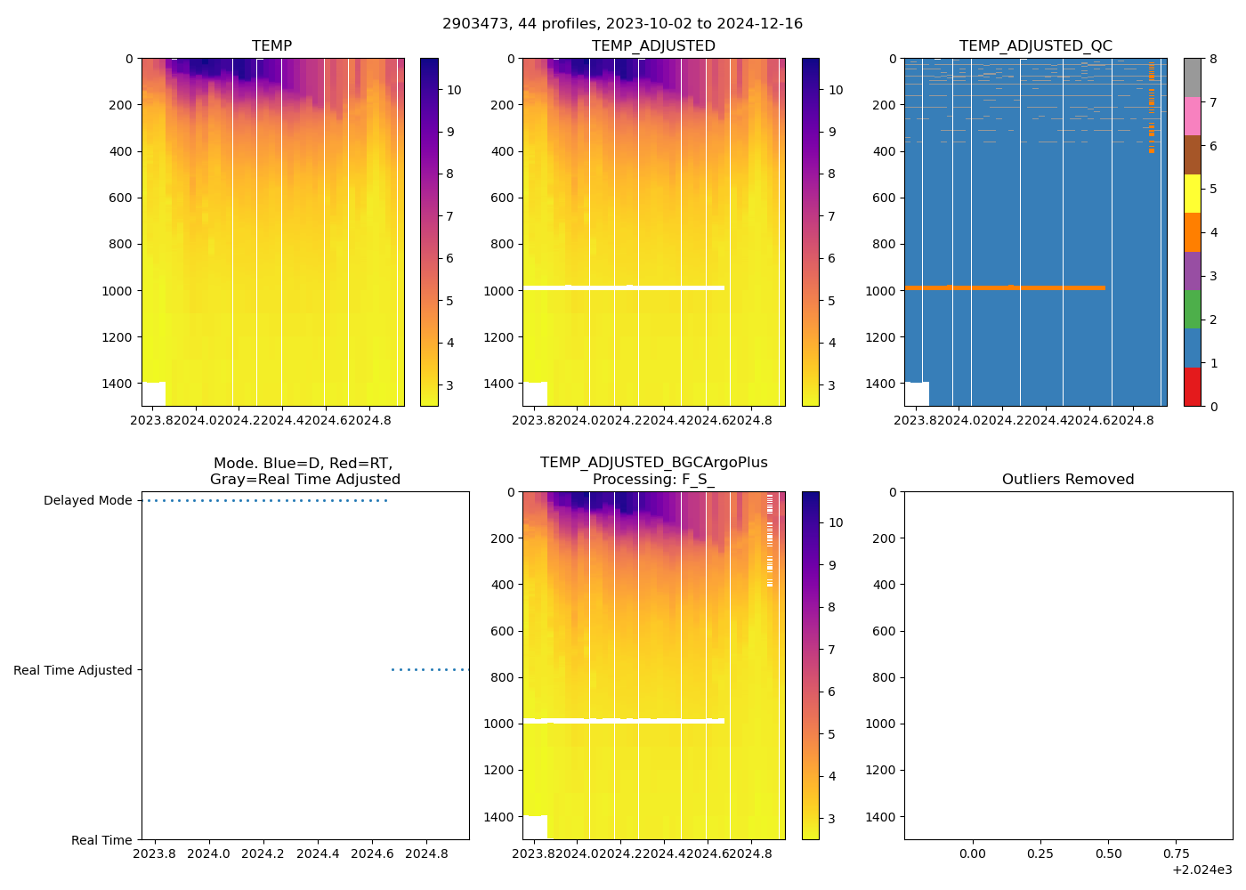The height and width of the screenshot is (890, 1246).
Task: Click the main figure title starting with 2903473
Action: [x=622, y=24]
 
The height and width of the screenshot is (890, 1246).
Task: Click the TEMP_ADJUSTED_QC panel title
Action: [x=1035, y=45]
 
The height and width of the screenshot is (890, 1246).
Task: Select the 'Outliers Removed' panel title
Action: [x=1067, y=479]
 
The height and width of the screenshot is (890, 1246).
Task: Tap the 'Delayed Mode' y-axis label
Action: [x=87, y=500]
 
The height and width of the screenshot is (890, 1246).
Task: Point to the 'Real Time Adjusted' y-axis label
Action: [x=72, y=670]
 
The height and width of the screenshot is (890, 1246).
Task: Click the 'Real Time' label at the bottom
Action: [x=101, y=840]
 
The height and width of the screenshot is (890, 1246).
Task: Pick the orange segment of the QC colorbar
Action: [x=1192, y=232]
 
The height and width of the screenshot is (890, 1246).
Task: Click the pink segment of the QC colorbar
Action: [x=1192, y=117]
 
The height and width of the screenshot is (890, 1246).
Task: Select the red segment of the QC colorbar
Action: [x=1192, y=387]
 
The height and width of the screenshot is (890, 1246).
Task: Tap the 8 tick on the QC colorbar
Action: [x=1213, y=59]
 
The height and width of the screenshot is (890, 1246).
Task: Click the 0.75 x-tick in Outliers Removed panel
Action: [x=1176, y=854]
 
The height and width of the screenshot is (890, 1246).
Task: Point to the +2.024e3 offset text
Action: [x=1201, y=870]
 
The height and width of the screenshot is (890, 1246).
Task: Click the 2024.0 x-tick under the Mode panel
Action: [x=209, y=854]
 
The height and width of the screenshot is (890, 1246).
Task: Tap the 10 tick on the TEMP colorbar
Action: [x=454, y=90]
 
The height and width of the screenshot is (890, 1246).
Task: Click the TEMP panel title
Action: [x=271, y=45]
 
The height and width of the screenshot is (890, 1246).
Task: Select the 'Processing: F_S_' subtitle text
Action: [x=653, y=479]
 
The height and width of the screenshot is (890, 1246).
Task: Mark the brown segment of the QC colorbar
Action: [x=1192, y=155]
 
